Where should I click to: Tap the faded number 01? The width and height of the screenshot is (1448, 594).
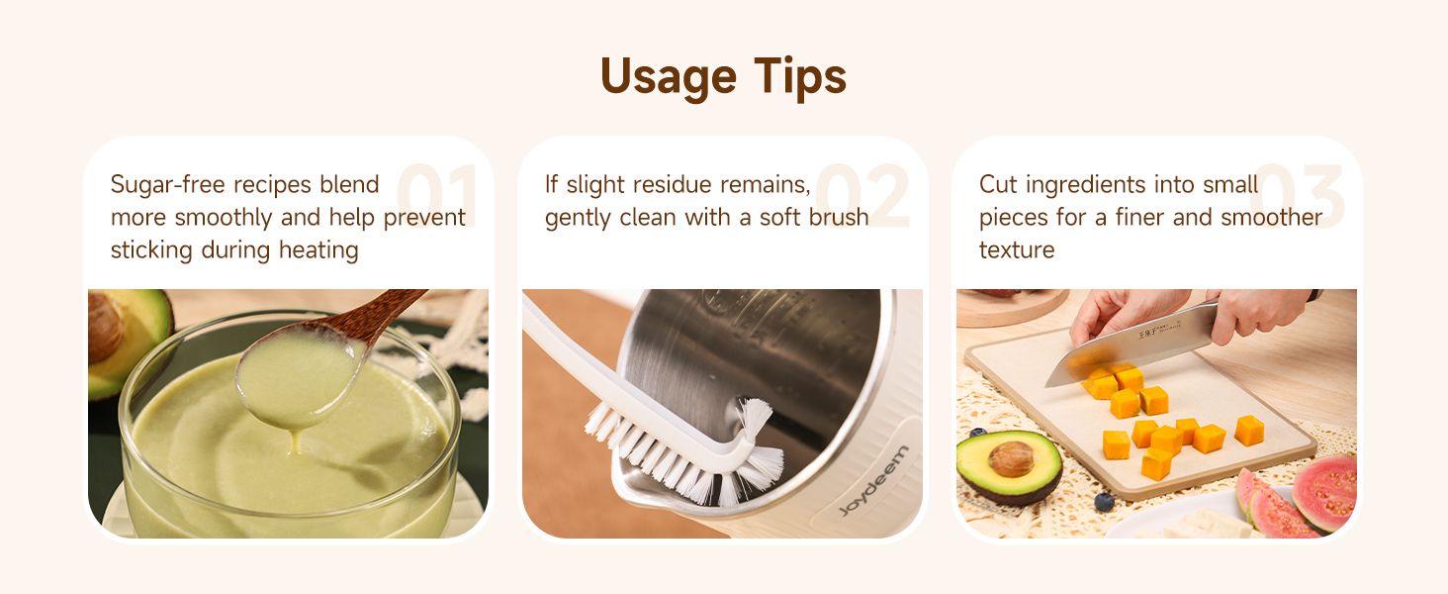pyautogui.click(x=437, y=197)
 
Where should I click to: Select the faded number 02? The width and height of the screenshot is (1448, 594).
pyautogui.click(x=862, y=197)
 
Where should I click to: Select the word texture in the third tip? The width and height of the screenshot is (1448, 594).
pyautogui.click(x=1017, y=250)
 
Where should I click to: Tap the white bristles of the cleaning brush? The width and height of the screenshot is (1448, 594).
pyautogui.click(x=692, y=455)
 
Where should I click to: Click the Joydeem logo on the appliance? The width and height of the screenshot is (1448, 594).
pyautogui.click(x=873, y=482)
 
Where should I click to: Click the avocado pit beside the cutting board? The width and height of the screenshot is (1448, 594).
pyautogui.click(x=1011, y=458)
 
